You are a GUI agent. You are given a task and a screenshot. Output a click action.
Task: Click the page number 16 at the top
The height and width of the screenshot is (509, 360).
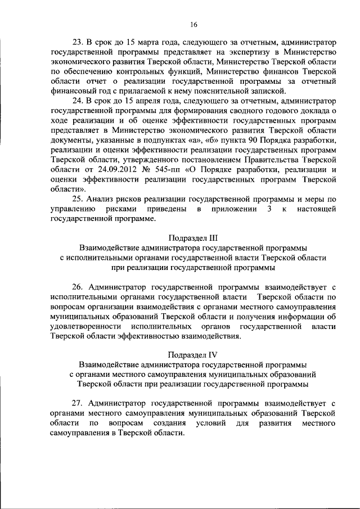[x=193, y=24]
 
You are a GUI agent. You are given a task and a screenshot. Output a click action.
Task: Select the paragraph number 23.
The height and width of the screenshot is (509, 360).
[x=78, y=43]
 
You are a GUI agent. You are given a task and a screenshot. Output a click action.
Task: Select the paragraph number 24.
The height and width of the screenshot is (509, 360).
[x=78, y=101]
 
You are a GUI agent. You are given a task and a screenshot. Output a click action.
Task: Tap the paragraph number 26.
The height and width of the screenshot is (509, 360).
[x=78, y=286]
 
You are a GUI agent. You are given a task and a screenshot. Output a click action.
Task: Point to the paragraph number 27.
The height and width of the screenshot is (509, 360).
[x=78, y=403]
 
